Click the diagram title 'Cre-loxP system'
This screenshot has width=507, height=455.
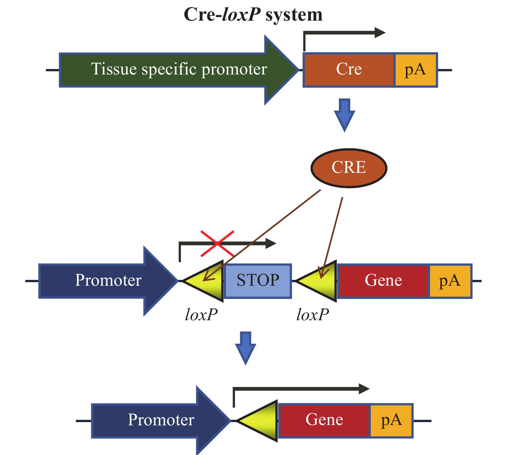tap(253, 15)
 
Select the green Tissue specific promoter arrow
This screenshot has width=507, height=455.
tap(179, 70)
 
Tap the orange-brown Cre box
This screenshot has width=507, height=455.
tap(349, 70)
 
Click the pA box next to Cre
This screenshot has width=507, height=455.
tap(415, 70)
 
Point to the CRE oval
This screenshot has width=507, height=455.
tap(349, 168)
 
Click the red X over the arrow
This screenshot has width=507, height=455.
tap(217, 244)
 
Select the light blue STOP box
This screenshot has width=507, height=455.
tap(258, 281)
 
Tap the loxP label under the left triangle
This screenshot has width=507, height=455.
tap(202, 314)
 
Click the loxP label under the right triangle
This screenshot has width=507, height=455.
tap(313, 314)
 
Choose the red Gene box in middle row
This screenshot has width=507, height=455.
tap(383, 281)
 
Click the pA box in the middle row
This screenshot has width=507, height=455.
tap(450, 281)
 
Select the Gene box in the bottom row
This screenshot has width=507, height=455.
tap(324, 420)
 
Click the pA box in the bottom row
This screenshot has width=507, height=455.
tap(391, 420)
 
